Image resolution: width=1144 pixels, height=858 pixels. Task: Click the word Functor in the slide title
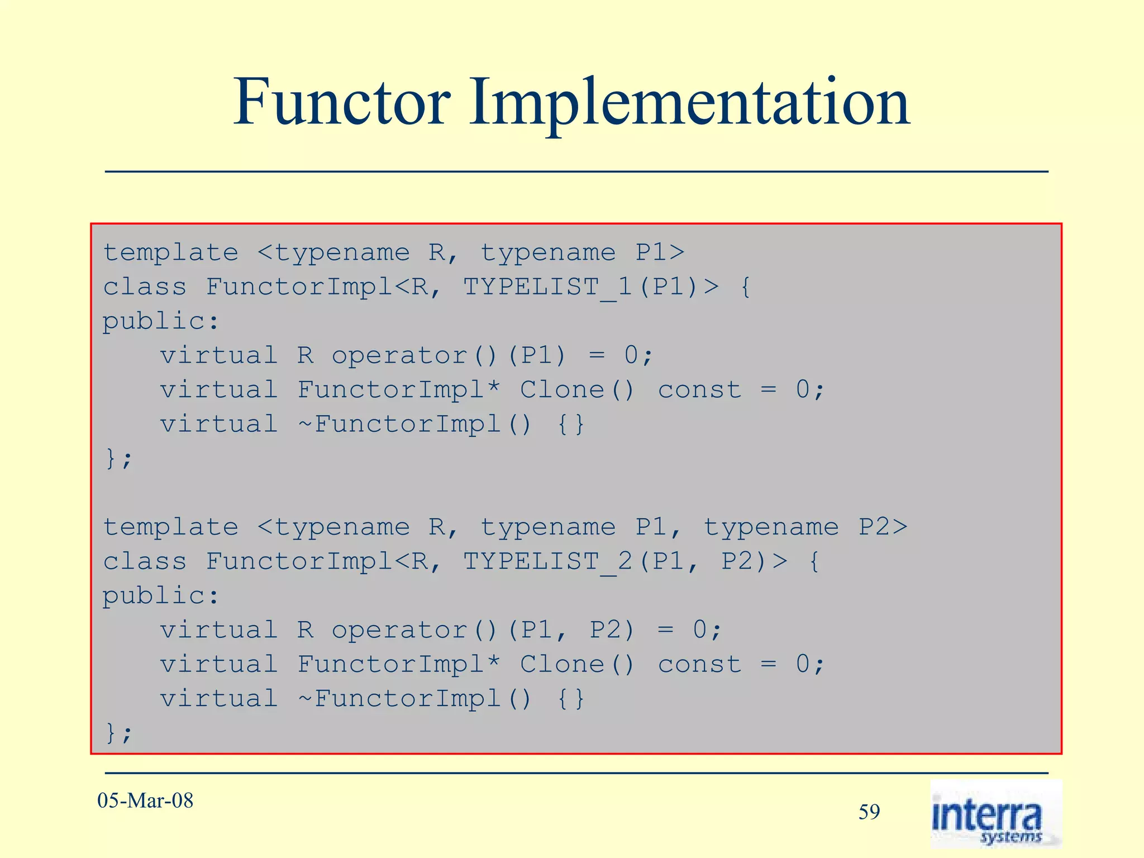(342, 103)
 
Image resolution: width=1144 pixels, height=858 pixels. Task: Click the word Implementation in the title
(689, 103)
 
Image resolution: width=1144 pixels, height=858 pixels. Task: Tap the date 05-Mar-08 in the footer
(145, 800)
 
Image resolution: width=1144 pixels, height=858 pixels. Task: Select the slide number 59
(869, 812)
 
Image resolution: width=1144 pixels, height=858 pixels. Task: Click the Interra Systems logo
(995, 814)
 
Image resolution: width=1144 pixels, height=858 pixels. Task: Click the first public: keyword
(160, 322)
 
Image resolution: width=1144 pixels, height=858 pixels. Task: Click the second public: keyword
(160, 596)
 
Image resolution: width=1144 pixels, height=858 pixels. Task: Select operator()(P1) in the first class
(449, 356)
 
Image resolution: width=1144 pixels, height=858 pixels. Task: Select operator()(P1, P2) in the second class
(483, 630)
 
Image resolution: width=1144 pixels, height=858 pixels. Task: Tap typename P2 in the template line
(805, 527)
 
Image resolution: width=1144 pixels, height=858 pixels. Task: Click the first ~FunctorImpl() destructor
(414, 425)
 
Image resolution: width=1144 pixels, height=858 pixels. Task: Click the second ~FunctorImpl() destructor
(414, 699)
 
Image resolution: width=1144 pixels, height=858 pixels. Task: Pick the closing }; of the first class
(118, 459)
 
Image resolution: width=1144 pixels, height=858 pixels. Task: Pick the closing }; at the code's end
(118, 733)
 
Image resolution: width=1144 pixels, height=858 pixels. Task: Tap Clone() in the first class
(577, 390)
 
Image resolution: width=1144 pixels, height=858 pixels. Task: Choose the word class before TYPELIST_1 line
(145, 287)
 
